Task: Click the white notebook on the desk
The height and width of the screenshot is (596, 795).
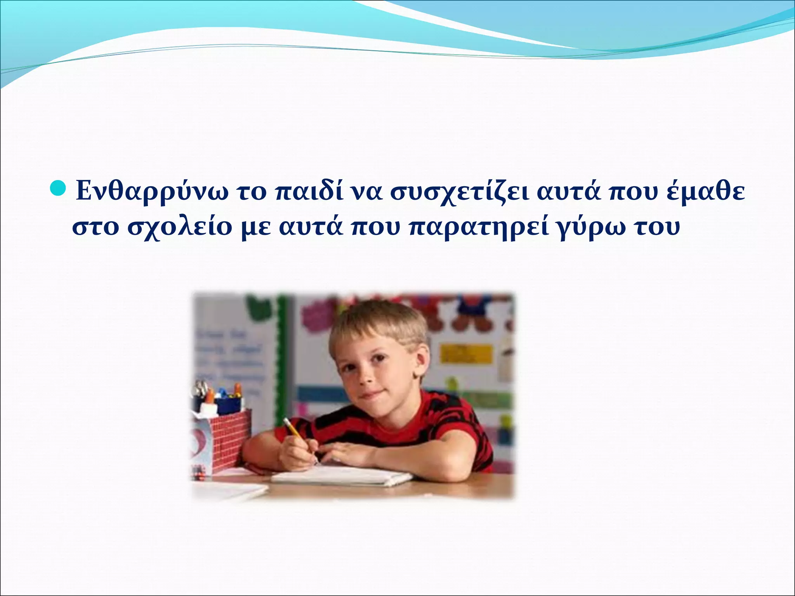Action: [342, 476]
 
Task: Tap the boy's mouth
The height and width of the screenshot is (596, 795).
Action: [371, 396]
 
